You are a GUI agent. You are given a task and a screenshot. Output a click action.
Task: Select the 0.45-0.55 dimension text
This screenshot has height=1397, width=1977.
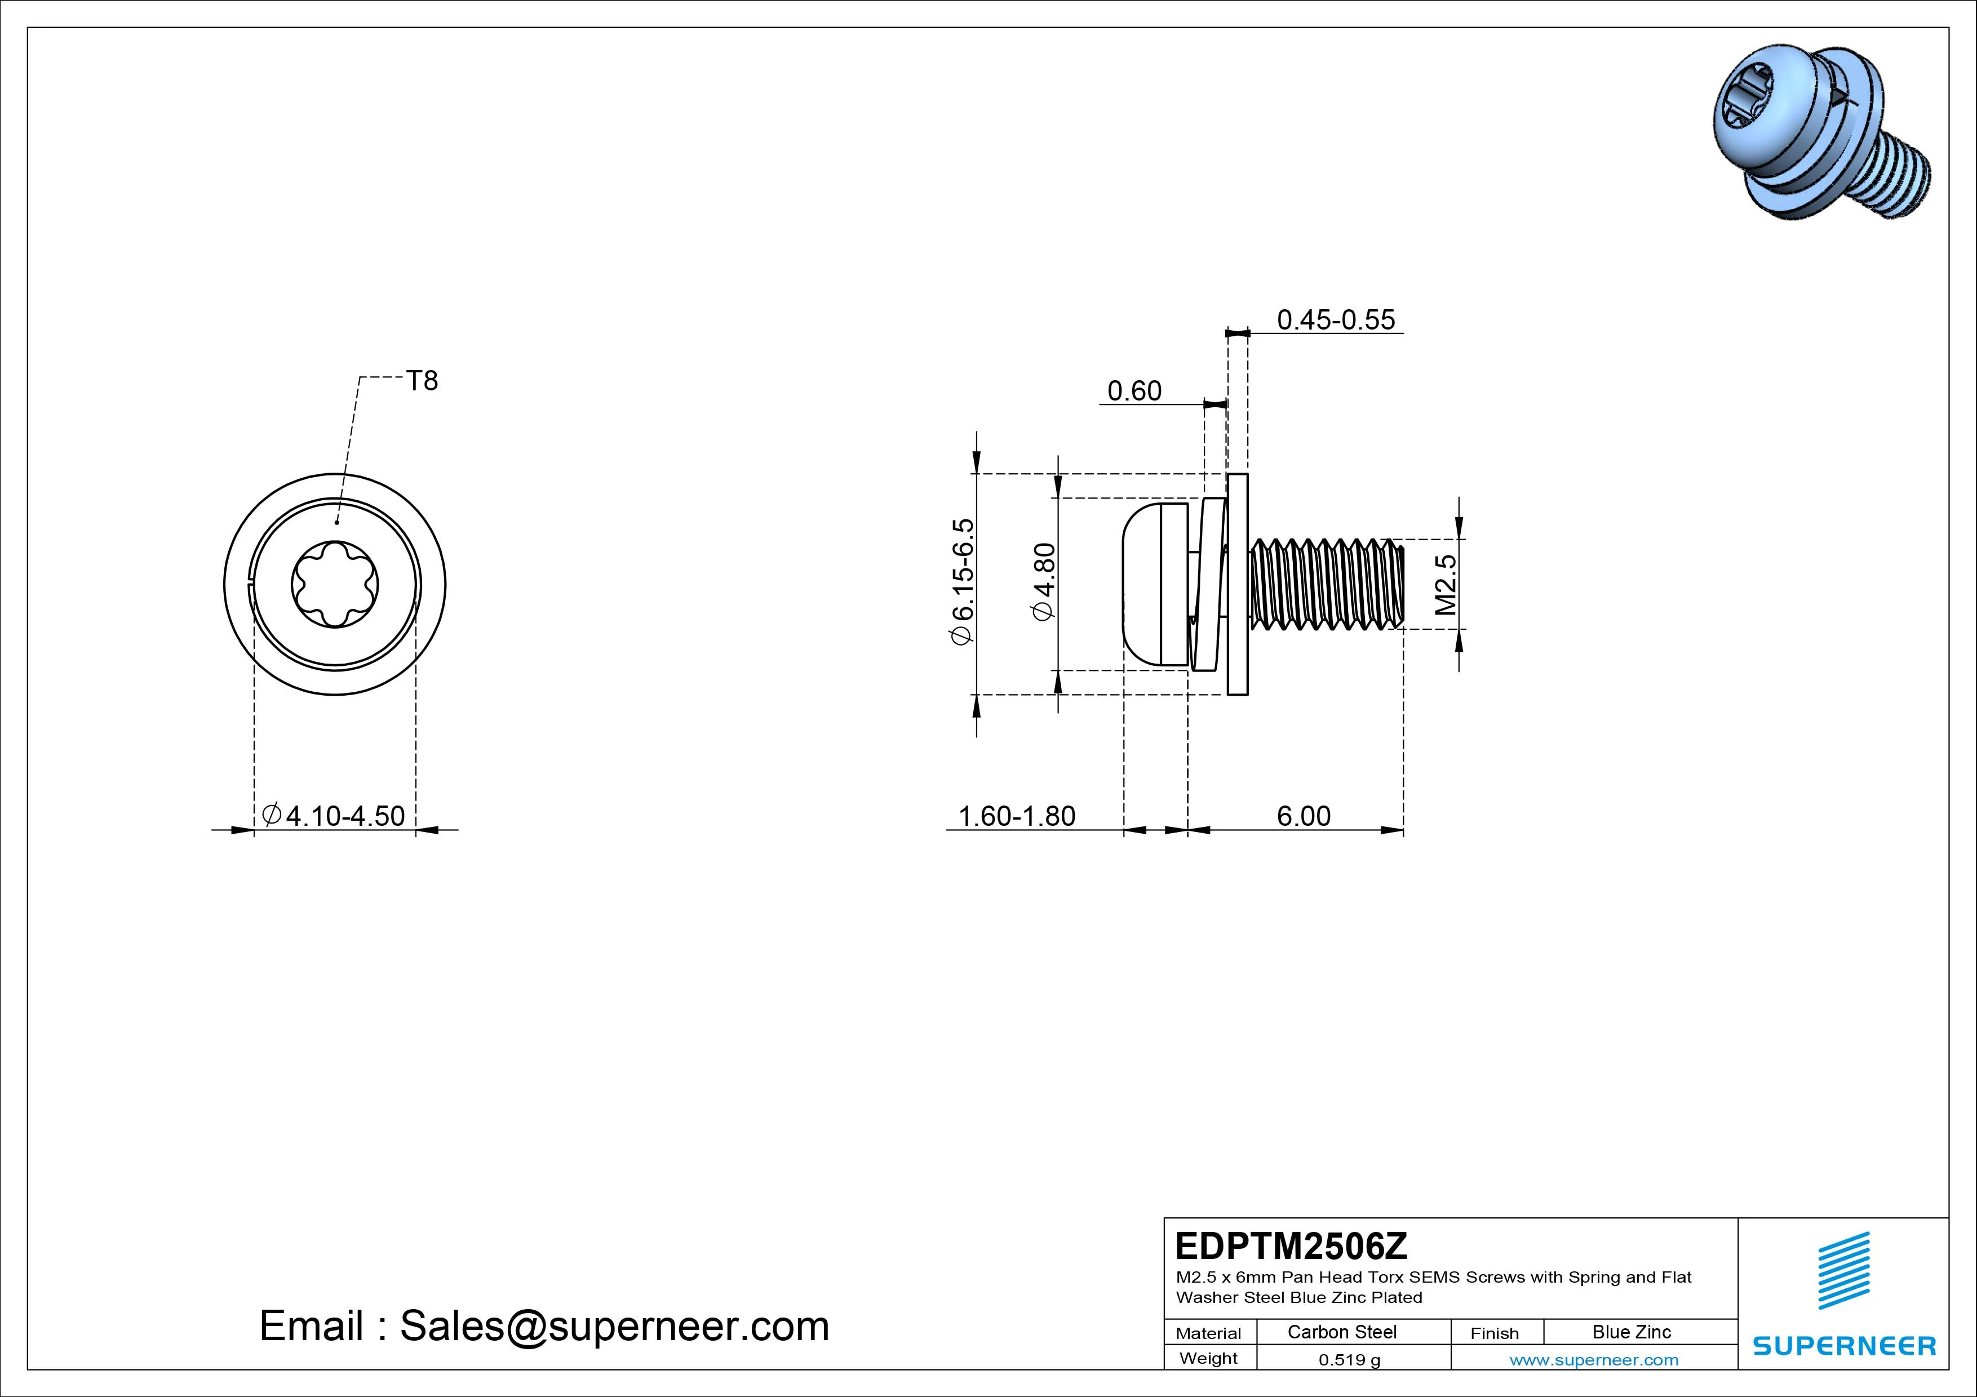click(x=1336, y=320)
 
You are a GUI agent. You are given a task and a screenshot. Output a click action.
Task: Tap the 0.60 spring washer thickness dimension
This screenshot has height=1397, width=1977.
click(x=1134, y=391)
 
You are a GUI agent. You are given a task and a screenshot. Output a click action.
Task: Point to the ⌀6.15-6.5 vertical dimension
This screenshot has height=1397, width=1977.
click(x=962, y=581)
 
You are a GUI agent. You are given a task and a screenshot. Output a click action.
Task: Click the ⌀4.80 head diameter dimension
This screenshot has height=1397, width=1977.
click(x=1044, y=581)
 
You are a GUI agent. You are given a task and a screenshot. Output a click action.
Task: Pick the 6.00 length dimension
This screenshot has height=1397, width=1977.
click(x=1303, y=816)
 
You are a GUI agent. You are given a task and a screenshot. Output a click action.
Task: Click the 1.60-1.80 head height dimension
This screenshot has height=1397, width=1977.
click(x=1016, y=816)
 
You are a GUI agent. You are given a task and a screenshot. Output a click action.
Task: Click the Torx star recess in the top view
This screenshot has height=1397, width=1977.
click(x=335, y=585)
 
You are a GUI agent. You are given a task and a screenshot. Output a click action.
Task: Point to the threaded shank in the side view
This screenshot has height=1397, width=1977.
click(x=1326, y=585)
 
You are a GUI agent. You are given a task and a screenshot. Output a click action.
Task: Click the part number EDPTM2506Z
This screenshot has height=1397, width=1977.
click(x=1291, y=1245)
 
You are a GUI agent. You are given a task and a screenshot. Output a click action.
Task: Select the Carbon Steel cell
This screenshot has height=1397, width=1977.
click(x=1341, y=1332)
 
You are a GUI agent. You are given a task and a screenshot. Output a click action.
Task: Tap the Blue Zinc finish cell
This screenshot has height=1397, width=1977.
click(x=1631, y=1332)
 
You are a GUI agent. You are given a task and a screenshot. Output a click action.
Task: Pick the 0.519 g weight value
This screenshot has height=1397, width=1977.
click(x=1349, y=1360)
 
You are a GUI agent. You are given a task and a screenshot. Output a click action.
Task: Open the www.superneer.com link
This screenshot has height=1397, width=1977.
click(x=1594, y=1360)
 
